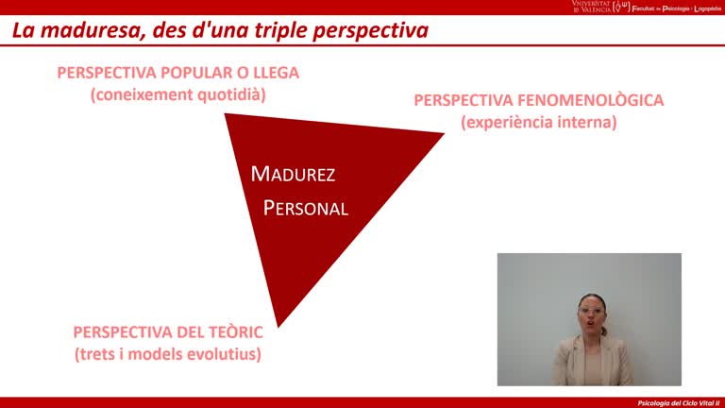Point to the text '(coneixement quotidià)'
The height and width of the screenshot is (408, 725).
pos(177,94)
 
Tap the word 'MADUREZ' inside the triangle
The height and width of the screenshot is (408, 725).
pos(293,175)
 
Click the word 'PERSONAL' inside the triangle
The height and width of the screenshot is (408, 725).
pos(305,209)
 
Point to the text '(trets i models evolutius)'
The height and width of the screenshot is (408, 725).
pos(167,354)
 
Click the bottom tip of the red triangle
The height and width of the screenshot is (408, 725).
pos(278,325)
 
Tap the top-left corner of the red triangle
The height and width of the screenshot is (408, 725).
pos(227,115)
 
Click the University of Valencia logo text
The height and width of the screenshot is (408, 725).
pos(591,7)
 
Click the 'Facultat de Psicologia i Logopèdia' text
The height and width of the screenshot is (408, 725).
pos(675,7)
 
